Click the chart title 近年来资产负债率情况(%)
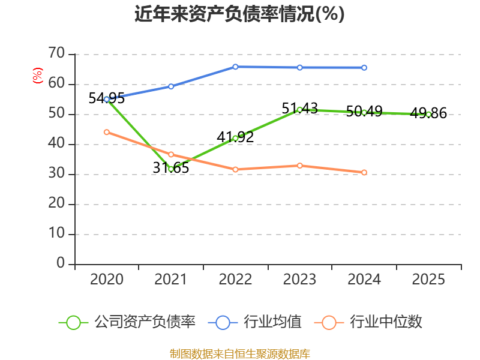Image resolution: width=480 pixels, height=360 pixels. [239, 14]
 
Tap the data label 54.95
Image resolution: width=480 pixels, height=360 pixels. [107, 98]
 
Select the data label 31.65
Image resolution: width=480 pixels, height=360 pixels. [171, 168]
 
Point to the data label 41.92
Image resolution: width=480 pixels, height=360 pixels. [235, 137]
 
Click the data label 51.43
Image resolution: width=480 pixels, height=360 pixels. [299, 109]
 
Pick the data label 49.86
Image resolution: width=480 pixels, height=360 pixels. [428, 113]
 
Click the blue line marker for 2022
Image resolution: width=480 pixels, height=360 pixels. [235, 67]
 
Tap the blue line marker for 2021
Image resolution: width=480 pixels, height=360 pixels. [171, 86]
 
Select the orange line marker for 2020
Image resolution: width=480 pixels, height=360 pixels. [107, 132]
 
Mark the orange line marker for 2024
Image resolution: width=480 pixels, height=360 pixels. [364, 173]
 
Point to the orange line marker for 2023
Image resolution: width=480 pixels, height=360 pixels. [300, 166]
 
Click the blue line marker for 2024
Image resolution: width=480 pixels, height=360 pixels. [364, 68]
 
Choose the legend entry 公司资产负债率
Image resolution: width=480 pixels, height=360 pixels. [127, 322]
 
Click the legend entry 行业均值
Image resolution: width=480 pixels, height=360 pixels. [254, 322]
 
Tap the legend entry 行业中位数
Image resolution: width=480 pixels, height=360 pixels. [368, 322]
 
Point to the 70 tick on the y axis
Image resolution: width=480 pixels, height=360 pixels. [56, 53]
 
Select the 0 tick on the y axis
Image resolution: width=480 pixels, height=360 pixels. [61, 263]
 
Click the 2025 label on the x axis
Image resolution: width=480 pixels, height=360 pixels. [428, 279]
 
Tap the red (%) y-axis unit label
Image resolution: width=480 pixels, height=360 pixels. [38, 76]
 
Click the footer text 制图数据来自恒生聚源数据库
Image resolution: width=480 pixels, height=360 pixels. [240, 354]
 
